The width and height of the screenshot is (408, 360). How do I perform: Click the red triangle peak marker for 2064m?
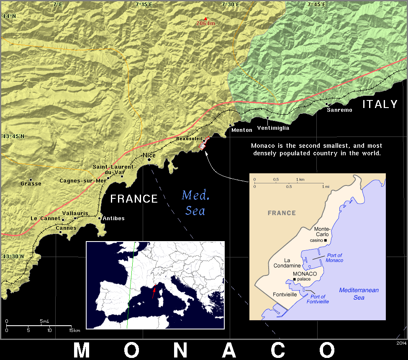(x=205, y=18)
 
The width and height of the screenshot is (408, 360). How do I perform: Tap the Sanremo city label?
(x=339, y=110)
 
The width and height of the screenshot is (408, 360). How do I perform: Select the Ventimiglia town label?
(x=273, y=128)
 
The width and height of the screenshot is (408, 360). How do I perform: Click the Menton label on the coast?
(x=242, y=130)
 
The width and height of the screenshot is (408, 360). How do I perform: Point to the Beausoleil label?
(x=189, y=138)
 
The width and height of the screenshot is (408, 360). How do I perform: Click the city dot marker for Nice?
(x=149, y=159)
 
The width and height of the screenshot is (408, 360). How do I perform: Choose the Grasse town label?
(x=31, y=183)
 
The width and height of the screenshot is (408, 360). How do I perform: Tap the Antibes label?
(x=114, y=219)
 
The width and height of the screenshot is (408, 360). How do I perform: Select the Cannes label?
(x=67, y=228)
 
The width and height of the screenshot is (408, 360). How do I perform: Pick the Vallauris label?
(x=75, y=213)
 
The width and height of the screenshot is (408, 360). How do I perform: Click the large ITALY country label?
(x=380, y=104)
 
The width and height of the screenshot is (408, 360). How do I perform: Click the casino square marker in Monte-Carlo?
(x=326, y=240)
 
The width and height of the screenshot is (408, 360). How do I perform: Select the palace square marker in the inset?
(x=295, y=279)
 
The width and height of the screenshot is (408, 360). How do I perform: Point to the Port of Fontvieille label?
(x=318, y=299)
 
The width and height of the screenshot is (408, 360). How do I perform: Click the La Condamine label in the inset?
(x=287, y=262)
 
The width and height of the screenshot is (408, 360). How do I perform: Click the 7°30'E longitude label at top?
(x=231, y=4)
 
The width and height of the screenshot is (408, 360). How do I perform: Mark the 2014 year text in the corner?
(x=401, y=343)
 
